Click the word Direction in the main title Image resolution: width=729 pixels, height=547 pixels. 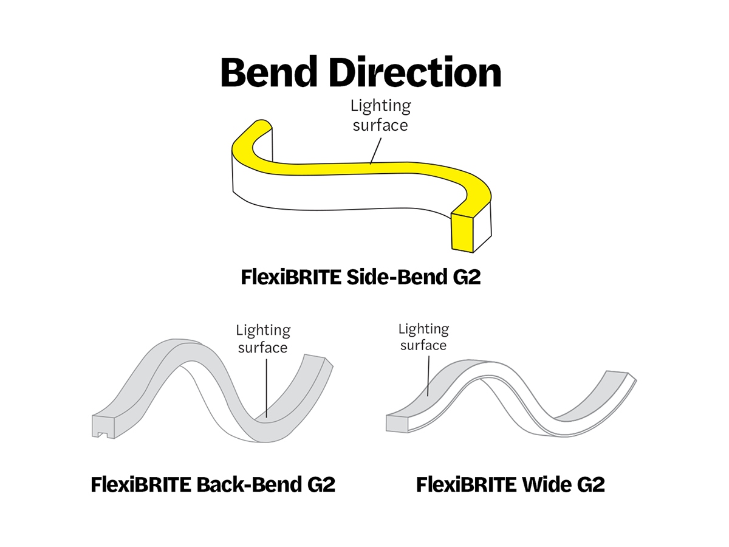coord(419,73)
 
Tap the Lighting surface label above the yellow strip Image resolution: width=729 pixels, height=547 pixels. coord(380,115)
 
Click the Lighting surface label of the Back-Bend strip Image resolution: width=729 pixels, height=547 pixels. coord(263,339)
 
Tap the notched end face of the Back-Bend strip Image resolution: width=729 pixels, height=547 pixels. coord(103,425)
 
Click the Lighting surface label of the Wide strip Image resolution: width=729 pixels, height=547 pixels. coord(423,337)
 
